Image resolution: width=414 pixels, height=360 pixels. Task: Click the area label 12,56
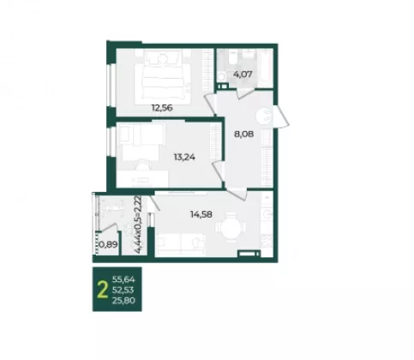(162, 108)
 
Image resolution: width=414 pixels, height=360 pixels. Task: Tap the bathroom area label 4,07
(243, 75)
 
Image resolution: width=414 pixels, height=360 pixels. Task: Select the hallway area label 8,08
(244, 134)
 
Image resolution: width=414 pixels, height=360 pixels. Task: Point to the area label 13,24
(184, 157)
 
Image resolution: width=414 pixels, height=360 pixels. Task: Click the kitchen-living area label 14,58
(201, 214)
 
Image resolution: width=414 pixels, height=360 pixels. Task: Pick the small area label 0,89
(109, 244)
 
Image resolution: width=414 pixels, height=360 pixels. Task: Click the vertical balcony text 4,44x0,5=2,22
(138, 225)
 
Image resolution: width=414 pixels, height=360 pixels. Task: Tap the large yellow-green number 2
(103, 290)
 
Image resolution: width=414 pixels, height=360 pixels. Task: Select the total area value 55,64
(123, 279)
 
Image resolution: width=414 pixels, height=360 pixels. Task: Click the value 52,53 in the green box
(123, 290)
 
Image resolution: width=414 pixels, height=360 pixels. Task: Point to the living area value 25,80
(123, 301)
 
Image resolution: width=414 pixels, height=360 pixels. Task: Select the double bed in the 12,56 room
(163, 81)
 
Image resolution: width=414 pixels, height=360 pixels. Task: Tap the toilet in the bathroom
(232, 59)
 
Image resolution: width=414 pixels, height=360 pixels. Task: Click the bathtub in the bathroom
(266, 68)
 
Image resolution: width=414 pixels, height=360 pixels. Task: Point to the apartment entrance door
(281, 117)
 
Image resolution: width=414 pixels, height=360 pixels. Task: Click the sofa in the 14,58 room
(181, 244)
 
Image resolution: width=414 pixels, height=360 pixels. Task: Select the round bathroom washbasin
(221, 76)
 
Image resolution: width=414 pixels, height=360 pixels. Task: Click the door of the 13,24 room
(219, 171)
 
